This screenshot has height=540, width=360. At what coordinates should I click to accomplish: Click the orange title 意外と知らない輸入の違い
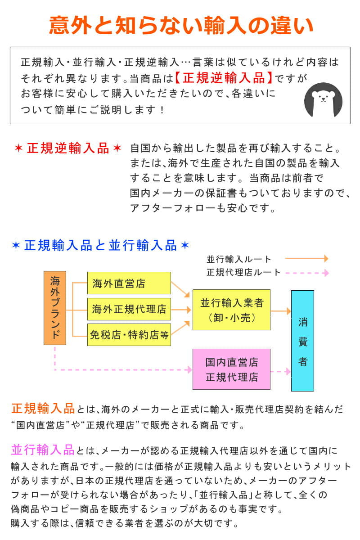click(181, 25)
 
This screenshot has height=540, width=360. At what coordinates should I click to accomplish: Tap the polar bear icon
click(323, 100)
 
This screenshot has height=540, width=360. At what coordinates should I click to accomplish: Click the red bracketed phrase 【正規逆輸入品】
click(224, 78)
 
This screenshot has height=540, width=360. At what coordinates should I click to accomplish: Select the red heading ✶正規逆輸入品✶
click(68, 148)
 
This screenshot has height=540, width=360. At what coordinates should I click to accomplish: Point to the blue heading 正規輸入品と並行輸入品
click(100, 245)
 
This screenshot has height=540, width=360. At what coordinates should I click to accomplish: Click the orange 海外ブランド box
click(55, 308)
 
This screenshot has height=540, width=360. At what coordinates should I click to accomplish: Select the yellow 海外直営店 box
click(129, 283)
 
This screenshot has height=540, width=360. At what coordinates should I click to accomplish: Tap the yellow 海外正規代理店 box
click(129, 309)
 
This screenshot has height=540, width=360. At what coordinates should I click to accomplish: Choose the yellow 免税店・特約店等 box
click(129, 335)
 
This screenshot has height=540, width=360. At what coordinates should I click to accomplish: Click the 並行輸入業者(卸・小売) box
click(231, 310)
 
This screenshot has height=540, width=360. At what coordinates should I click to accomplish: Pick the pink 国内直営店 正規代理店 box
click(231, 369)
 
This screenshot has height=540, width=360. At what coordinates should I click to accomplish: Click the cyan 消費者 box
click(302, 341)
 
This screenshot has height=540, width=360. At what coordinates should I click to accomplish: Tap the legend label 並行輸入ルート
click(238, 259)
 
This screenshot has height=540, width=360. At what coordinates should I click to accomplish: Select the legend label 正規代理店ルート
click(243, 272)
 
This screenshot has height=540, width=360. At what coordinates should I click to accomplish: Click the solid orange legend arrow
click(307, 258)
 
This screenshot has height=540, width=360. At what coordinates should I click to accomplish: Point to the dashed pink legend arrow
click(307, 273)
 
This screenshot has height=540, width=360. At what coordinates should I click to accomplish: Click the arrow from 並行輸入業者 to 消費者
click(281, 311)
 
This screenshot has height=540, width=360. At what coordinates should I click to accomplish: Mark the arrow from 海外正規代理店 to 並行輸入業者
click(181, 310)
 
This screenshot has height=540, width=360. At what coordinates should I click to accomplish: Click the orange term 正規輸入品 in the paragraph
click(43, 409)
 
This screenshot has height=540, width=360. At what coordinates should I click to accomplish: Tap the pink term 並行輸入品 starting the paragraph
click(43, 450)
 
